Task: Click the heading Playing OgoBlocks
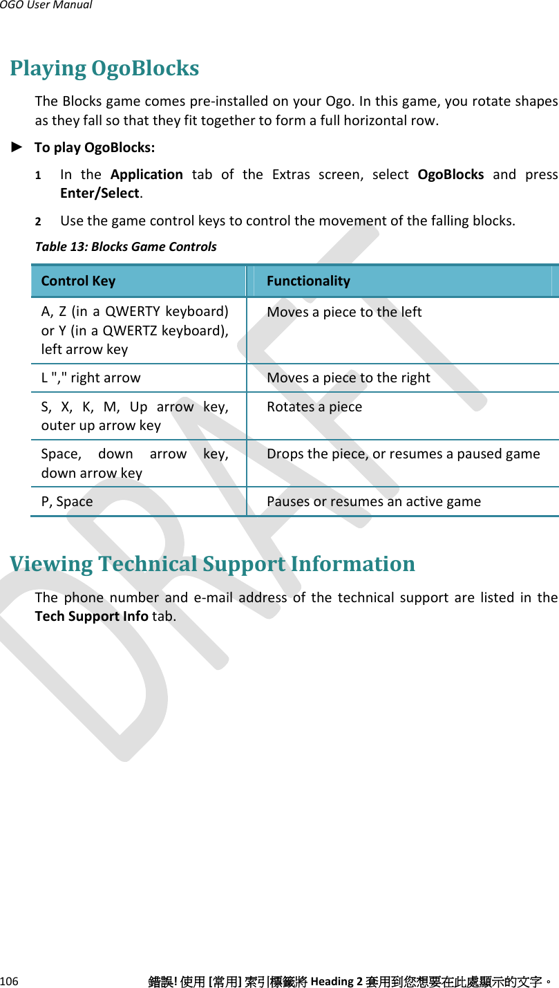104,68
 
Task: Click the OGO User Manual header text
46,6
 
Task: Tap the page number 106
10,981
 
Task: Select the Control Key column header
78,281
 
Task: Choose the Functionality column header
308,281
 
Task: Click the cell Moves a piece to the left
344,312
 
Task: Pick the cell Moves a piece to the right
348,378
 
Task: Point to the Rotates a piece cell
314,407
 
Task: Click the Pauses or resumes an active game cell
374,501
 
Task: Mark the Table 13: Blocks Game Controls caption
126,246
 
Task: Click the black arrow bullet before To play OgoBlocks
19,147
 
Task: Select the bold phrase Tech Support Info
91,615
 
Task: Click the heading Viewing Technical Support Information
212,564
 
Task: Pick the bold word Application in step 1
146,174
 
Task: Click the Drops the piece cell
404,454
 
